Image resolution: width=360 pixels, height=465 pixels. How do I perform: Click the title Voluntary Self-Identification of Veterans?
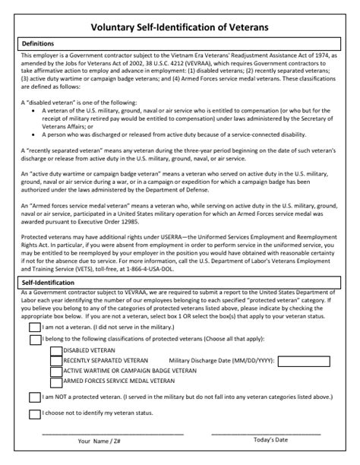[179, 27]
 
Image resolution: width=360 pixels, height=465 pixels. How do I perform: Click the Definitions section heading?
[38, 44]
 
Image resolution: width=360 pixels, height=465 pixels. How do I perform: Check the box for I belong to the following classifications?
[34, 339]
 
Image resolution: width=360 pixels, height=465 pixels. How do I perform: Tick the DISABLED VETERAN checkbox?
[56, 351]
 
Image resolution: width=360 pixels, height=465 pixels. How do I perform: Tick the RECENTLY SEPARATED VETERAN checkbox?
[56, 361]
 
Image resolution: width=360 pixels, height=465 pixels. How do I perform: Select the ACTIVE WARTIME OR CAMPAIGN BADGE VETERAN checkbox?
[56, 371]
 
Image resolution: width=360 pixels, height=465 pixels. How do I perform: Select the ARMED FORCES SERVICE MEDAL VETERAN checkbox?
[56, 381]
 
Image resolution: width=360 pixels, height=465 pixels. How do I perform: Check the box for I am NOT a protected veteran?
[34, 397]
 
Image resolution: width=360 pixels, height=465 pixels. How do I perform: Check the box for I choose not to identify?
[34, 414]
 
